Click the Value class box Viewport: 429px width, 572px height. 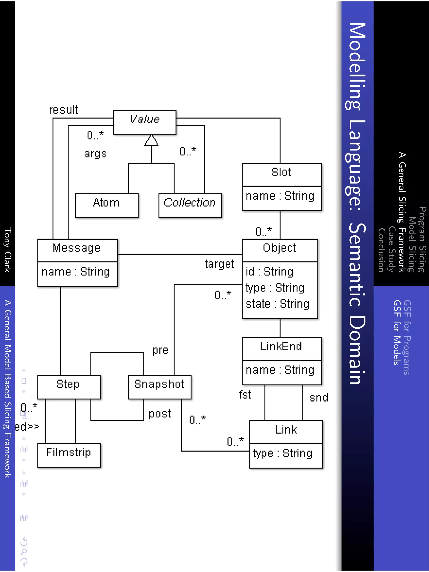[x=145, y=122]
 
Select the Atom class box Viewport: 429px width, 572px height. [x=107, y=205]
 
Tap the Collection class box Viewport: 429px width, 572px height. [x=190, y=205]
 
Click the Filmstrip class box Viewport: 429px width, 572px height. [x=69, y=455]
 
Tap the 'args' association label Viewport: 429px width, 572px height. [x=96, y=154]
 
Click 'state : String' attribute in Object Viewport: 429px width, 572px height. [x=278, y=304]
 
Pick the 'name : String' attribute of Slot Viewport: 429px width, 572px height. [x=280, y=196]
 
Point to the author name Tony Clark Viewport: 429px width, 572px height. [x=8, y=250]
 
